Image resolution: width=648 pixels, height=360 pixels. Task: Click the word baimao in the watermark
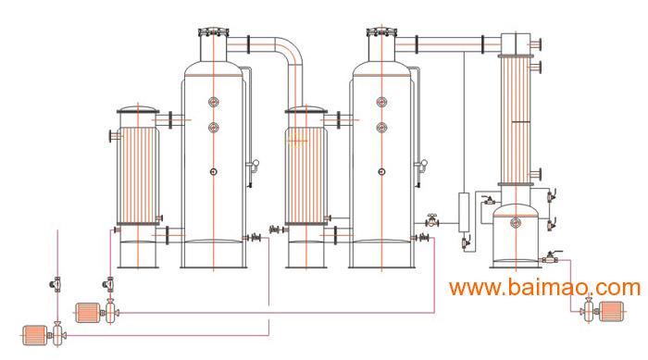point(546,287)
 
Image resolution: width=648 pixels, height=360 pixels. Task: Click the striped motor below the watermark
point(612,311)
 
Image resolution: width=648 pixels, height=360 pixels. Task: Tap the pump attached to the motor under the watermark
point(588,310)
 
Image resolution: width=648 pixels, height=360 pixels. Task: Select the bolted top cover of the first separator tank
point(214,32)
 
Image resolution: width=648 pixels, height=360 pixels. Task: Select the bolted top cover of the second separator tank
point(381,32)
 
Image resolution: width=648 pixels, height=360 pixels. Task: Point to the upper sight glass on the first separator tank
point(213,102)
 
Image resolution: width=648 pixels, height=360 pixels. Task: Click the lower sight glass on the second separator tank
point(381,128)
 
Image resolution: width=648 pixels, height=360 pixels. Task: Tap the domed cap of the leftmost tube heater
point(138,110)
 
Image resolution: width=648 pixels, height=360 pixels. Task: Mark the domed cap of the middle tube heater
point(306,110)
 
